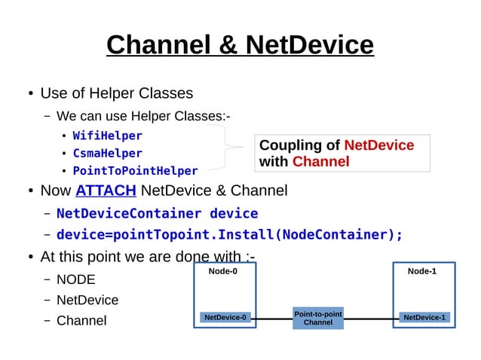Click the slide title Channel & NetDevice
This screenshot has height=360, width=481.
240,45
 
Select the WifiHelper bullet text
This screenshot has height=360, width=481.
107,136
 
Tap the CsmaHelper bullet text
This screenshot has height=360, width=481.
107,154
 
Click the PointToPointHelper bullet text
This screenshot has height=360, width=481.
135,171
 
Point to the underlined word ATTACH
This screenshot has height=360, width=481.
106,191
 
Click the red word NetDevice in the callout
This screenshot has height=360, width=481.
378,145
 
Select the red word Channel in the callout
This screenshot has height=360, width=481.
320,162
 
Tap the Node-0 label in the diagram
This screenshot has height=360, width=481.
222,271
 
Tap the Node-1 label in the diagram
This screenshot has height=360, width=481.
421,271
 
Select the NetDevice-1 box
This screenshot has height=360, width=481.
424,318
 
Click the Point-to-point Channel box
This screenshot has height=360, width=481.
317,318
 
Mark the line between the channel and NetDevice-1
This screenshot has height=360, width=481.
371,319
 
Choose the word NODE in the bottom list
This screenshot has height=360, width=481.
76,279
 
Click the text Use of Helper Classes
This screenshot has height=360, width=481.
116,93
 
